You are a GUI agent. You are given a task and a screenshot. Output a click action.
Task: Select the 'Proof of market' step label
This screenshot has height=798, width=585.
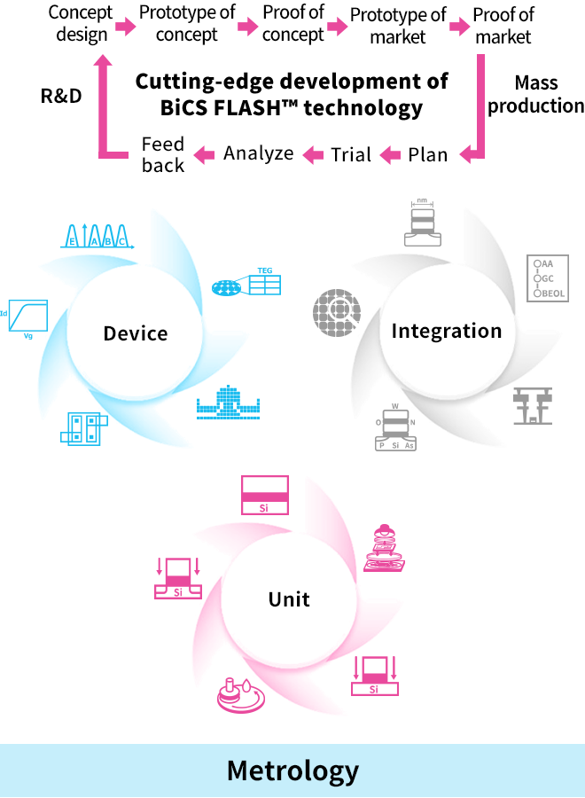click(x=503, y=26)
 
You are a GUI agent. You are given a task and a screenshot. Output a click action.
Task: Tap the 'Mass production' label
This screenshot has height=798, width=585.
click(x=535, y=95)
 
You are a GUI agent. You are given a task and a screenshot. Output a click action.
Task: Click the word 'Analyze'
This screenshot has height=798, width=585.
click(x=258, y=153)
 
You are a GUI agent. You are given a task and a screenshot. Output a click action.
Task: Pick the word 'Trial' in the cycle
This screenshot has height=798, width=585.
click(x=351, y=154)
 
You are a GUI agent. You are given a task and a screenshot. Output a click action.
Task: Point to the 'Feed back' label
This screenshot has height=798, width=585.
click(x=163, y=154)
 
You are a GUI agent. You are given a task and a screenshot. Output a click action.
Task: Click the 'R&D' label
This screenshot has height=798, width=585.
click(x=61, y=95)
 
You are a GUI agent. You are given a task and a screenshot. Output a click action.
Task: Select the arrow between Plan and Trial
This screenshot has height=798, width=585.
click(x=390, y=155)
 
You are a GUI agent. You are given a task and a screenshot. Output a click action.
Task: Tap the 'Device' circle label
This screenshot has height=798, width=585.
click(x=136, y=333)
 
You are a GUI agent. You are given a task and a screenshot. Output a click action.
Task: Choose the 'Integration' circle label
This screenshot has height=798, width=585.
click(x=447, y=332)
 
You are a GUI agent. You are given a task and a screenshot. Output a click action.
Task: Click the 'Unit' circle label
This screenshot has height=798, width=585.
click(x=289, y=599)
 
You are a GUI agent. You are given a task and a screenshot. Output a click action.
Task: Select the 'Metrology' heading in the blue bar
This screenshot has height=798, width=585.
click(x=292, y=771)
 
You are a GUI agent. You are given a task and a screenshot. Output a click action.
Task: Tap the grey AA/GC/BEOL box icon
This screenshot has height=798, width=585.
click(x=546, y=278)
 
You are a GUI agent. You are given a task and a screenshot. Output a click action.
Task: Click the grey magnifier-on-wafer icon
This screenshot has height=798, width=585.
click(x=337, y=312)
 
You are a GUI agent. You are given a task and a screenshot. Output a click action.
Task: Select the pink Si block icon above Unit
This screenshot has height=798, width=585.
click(x=265, y=495)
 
